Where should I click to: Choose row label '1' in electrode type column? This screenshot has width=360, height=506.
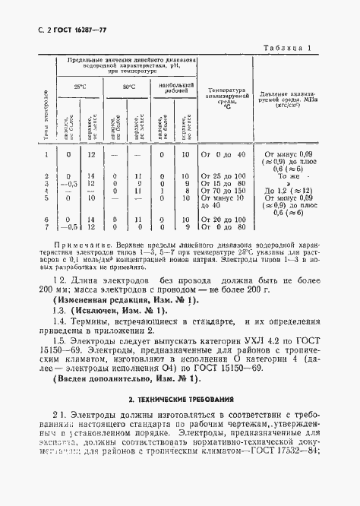[x=46, y=155]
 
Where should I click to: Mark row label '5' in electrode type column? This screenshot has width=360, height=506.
[x=46, y=198]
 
